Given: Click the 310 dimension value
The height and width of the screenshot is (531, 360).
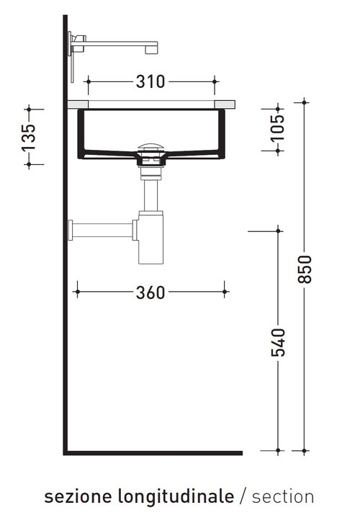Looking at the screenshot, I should click(150, 81).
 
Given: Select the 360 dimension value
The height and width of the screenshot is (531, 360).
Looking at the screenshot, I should click(150, 292).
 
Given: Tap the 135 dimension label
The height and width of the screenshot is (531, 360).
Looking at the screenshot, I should click(29, 137).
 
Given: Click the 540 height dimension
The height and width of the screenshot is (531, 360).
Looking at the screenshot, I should click(279, 341).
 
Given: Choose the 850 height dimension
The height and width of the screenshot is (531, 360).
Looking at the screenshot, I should click(305, 269).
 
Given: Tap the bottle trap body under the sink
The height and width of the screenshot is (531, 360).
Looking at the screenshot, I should click(151, 238).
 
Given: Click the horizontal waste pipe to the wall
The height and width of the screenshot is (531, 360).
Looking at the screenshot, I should click(101, 231).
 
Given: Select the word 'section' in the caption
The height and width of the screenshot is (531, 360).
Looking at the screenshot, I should click(283, 496).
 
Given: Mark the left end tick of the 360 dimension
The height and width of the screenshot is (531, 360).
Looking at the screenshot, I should click(76, 292).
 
